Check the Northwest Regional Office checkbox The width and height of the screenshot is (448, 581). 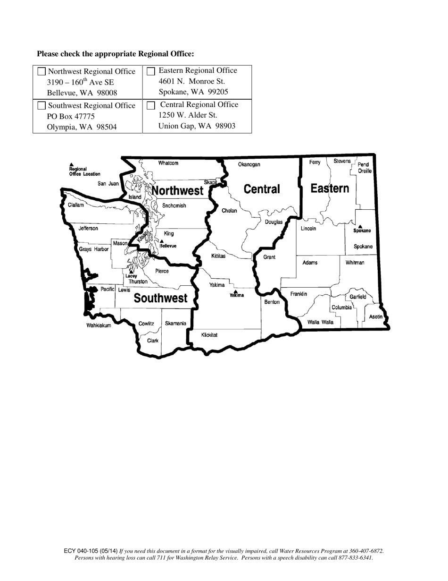point(42,72)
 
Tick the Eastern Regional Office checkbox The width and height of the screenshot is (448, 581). point(151,71)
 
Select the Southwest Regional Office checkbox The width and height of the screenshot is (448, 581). point(42,105)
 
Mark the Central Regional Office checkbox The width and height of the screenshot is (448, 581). point(151,105)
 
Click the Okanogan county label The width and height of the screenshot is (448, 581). point(249,164)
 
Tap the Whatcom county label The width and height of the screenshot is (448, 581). point(168,163)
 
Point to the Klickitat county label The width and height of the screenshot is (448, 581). point(209,335)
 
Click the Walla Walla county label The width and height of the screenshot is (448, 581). point(320,322)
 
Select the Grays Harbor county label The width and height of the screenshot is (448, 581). point(93,249)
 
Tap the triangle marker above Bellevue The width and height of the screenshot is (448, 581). point(162,241)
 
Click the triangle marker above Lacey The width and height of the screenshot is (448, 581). point(131,272)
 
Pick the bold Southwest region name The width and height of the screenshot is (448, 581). point(160,298)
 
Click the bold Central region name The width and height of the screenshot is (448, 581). point(262,189)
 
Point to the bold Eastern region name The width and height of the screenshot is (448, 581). point(330,188)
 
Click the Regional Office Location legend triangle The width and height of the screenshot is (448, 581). point(71,164)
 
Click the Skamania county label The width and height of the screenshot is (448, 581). point(175,324)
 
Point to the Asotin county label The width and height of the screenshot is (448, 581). point(376,316)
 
